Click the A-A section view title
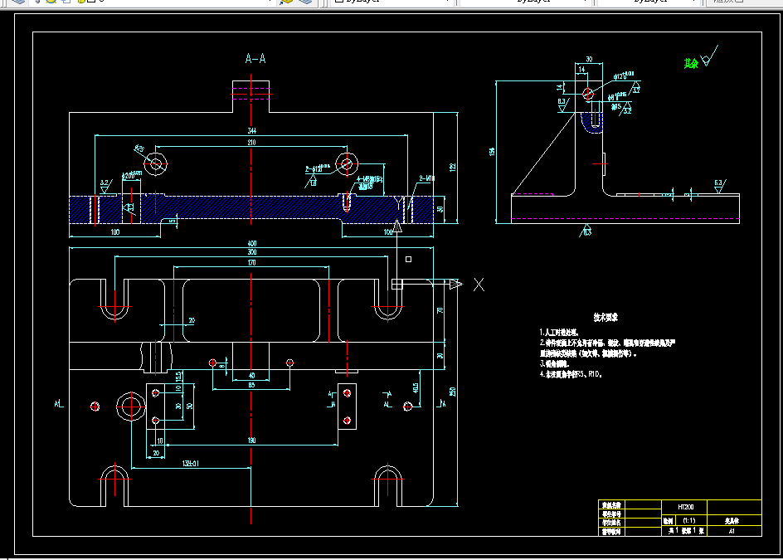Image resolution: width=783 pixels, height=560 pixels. pyautogui.click(x=255, y=58)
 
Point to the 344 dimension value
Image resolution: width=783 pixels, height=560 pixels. pyautogui.click(x=251, y=131)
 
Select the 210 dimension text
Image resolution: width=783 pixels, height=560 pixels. pyautogui.click(x=251, y=143)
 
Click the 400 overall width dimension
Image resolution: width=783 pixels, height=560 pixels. pyautogui.click(x=251, y=242)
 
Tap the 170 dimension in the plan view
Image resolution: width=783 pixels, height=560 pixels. pyautogui.click(x=251, y=262)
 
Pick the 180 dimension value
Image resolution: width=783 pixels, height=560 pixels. pyautogui.click(x=251, y=441)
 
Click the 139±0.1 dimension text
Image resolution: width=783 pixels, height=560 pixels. pyautogui.click(x=191, y=463)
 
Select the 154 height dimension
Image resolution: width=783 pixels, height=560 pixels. pyautogui.click(x=492, y=151)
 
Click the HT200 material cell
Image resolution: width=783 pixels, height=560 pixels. pyautogui.click(x=685, y=505)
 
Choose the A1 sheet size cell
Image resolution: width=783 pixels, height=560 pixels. pyautogui.click(x=732, y=531)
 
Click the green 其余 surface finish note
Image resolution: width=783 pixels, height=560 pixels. pyautogui.click(x=690, y=63)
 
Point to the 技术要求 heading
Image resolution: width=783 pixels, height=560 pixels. pyautogui.click(x=605, y=317)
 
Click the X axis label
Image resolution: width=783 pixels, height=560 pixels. pyautogui.click(x=479, y=285)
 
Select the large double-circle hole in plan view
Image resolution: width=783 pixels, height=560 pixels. pyautogui.click(x=130, y=406)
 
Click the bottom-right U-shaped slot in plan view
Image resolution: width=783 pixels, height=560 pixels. pyautogui.click(x=387, y=485)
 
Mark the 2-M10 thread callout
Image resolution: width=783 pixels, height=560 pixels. pyautogui.click(x=427, y=178)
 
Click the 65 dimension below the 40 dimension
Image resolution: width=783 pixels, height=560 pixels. pyautogui.click(x=251, y=384)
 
